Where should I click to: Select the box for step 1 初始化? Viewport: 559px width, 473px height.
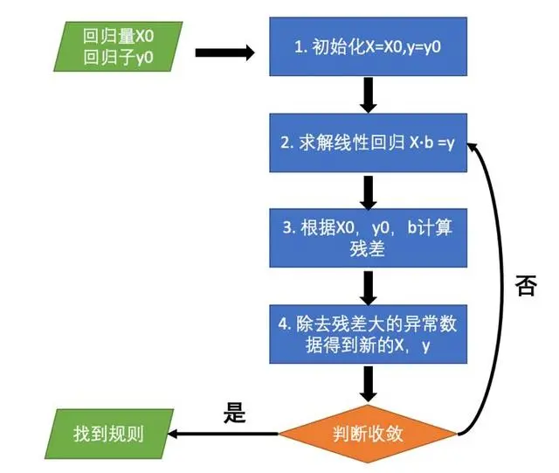(368, 47)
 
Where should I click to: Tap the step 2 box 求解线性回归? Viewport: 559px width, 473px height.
(368, 143)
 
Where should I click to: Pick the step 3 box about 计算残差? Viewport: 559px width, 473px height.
(368, 238)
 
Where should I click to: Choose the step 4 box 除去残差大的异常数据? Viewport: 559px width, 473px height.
(368, 335)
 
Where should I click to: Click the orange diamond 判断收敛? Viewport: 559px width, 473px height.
(368, 434)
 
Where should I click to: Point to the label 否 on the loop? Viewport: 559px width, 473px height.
(526, 287)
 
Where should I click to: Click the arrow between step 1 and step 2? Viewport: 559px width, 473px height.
(368, 94)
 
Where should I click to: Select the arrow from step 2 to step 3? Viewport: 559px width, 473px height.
(368, 190)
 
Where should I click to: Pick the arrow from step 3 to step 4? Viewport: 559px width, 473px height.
(368, 286)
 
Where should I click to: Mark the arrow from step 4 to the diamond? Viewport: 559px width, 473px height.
(368, 383)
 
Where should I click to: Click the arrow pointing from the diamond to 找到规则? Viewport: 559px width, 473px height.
(223, 434)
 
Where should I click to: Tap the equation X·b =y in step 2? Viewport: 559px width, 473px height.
(433, 143)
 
